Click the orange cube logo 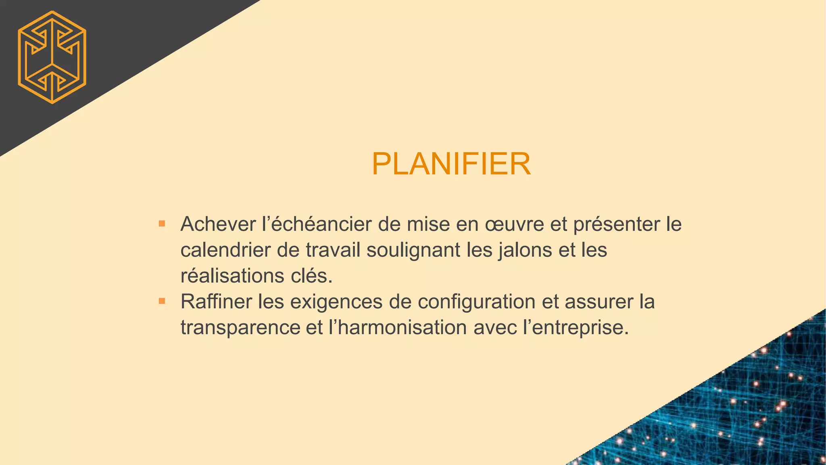[52, 57]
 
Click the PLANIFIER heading [451, 164]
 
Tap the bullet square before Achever [162, 223]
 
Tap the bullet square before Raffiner [162, 301]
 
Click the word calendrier [225, 250]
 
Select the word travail [333, 250]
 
